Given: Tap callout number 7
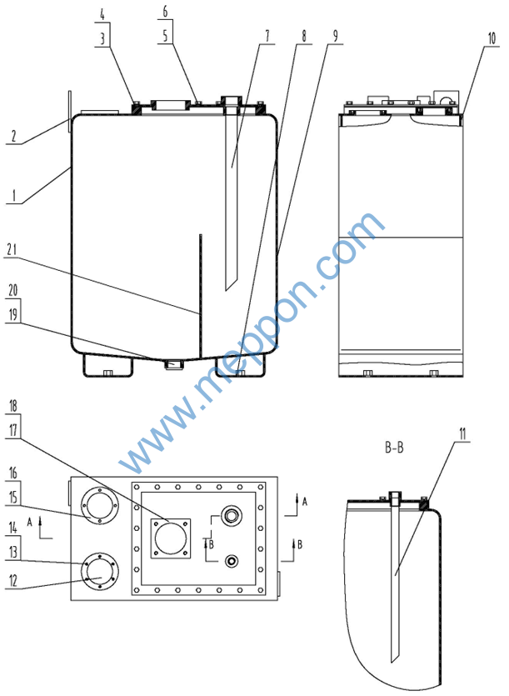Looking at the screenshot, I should click(x=267, y=37).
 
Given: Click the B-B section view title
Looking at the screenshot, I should click(x=394, y=448).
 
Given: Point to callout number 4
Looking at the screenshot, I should click(x=102, y=13).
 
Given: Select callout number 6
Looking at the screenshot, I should click(x=164, y=13).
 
